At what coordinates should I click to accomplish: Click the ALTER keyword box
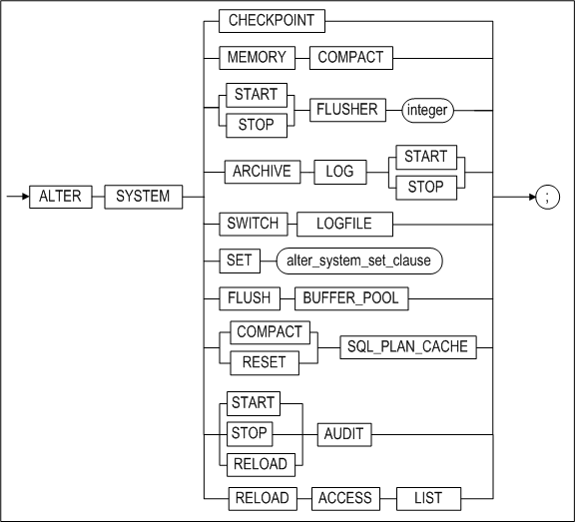pyautogui.click(x=60, y=197)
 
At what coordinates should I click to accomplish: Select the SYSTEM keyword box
pyautogui.click(x=143, y=197)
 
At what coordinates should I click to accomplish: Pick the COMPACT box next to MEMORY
pyautogui.click(x=349, y=58)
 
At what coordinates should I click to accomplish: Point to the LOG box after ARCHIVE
pyautogui.click(x=341, y=172)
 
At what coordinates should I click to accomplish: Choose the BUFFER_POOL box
pyautogui.click(x=351, y=298)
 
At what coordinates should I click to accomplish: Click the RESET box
pyautogui.click(x=264, y=362)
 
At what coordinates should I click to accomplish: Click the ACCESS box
pyautogui.click(x=345, y=498)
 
